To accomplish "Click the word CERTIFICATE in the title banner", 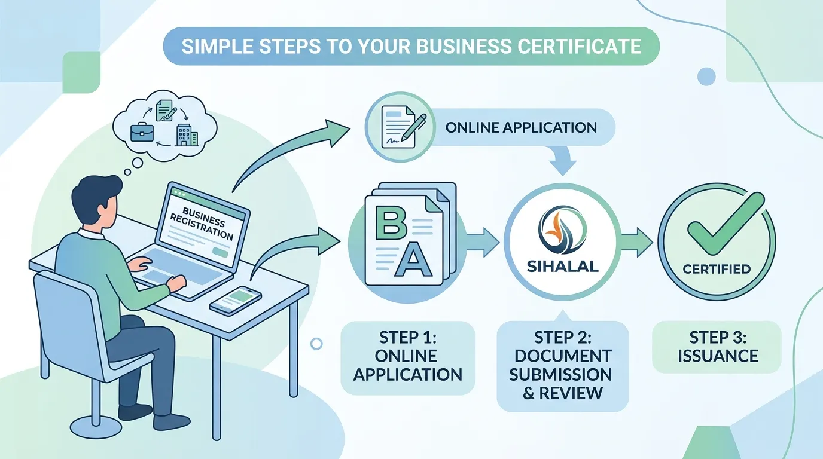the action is pyautogui.click(x=577, y=47).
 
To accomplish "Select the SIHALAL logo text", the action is pyautogui.click(x=562, y=267).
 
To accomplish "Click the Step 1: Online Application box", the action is pyautogui.click(x=408, y=358).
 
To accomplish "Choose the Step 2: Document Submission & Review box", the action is pyautogui.click(x=562, y=366).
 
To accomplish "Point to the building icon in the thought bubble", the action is pyautogui.click(x=187, y=134).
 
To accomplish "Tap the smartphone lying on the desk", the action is pyautogui.click(x=236, y=301).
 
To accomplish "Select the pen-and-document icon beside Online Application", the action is pyautogui.click(x=401, y=127).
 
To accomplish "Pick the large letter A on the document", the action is pyautogui.click(x=412, y=259).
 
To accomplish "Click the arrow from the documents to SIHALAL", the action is pyautogui.click(x=483, y=243).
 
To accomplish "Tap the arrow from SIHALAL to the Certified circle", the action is pyautogui.click(x=638, y=243).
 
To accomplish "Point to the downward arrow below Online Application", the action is pyautogui.click(x=563, y=161).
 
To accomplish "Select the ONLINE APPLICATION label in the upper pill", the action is pyautogui.click(x=521, y=127).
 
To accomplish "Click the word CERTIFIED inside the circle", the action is pyautogui.click(x=717, y=269).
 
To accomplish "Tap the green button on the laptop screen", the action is pyautogui.click(x=220, y=252).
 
